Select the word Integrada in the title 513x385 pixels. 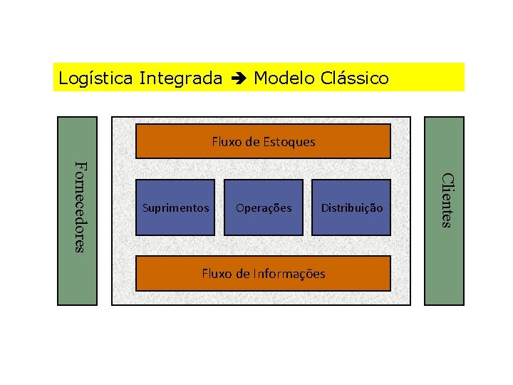click(x=181, y=78)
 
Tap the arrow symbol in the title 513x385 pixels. click(x=238, y=78)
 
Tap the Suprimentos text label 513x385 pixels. click(x=176, y=208)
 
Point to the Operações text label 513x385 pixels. click(x=264, y=208)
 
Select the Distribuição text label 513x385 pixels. click(x=352, y=208)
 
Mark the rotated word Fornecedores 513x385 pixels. click(x=79, y=207)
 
